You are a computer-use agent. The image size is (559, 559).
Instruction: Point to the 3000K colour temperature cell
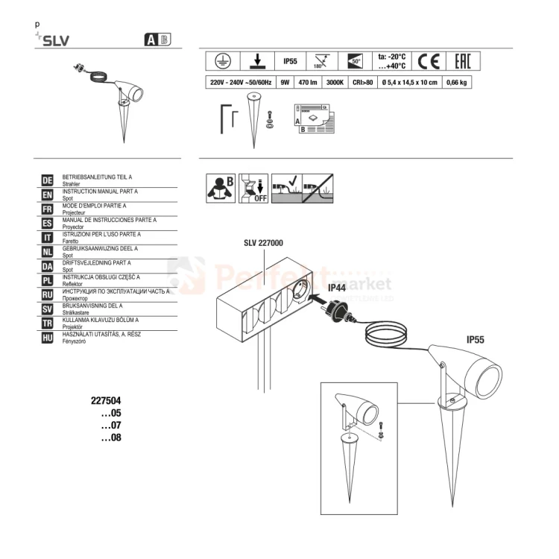[335, 83]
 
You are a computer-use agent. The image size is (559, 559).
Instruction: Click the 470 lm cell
[306, 83]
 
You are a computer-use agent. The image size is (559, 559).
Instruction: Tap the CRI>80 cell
[361, 83]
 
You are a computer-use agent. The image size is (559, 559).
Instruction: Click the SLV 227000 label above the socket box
[263, 243]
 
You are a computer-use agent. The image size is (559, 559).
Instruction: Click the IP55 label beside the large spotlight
[475, 340]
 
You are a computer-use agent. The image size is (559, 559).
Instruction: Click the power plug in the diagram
[338, 306]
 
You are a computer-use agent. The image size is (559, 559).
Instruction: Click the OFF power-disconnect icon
[254, 189]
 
